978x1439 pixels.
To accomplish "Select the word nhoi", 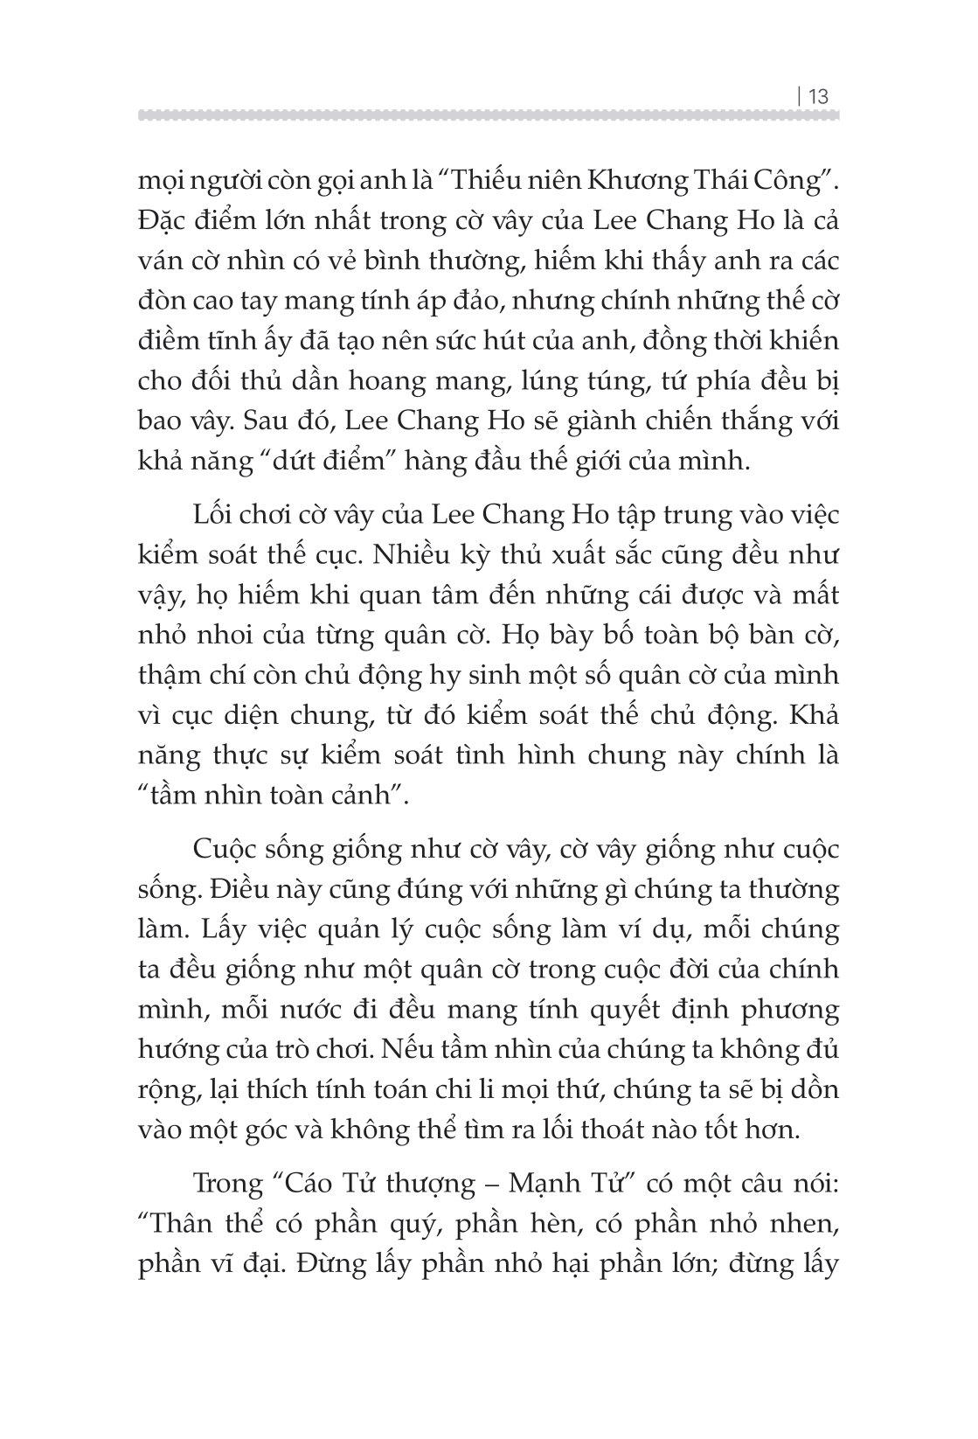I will click(x=230, y=636).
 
